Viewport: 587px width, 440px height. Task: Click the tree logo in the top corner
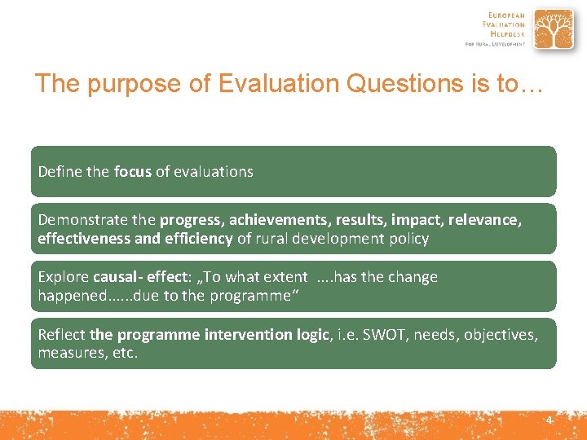pyautogui.click(x=553, y=30)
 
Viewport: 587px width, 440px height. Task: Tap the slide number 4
pyautogui.click(x=549, y=420)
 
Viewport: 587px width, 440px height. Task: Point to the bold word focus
pyautogui.click(x=133, y=172)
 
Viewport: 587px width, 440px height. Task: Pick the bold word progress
pyautogui.click(x=191, y=220)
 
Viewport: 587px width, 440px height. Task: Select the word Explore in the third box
pyautogui.click(x=64, y=277)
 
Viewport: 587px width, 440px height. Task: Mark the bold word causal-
pyautogui.click(x=118, y=277)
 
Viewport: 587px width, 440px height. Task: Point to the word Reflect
pyautogui.click(x=62, y=334)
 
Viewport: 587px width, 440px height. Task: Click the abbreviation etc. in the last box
pyautogui.click(x=124, y=353)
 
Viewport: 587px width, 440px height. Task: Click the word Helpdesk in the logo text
pyautogui.click(x=507, y=35)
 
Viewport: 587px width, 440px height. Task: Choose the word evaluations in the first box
pyautogui.click(x=213, y=172)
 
